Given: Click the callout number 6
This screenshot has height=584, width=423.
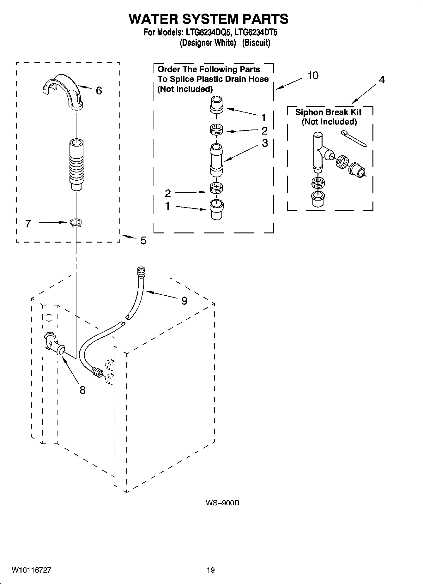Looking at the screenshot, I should [99, 91].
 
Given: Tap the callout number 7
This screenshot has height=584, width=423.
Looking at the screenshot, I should [28, 224].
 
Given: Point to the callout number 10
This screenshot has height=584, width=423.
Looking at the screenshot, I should [313, 76].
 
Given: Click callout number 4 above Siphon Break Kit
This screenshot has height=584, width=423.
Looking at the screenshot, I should [382, 80].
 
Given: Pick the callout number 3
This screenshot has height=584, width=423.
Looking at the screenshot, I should [265, 143].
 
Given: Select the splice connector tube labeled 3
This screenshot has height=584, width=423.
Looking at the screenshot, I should [216, 160].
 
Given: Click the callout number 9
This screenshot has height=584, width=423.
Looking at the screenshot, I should [184, 301].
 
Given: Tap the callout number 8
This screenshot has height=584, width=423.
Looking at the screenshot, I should [82, 390].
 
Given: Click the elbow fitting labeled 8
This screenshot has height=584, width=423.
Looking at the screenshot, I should [54, 344].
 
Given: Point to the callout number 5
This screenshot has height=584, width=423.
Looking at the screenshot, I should [143, 241].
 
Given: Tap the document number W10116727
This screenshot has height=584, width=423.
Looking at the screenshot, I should [32, 570].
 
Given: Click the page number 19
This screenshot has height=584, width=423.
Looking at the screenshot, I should [210, 570].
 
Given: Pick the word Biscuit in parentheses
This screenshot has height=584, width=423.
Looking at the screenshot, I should [256, 43].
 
